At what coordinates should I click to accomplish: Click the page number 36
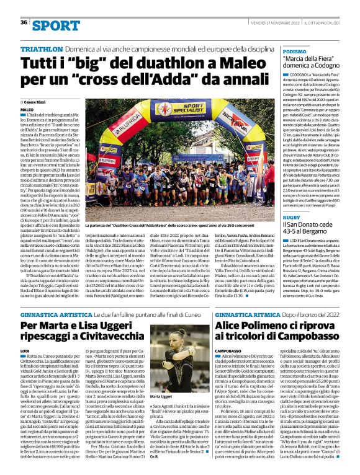[23, 22]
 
